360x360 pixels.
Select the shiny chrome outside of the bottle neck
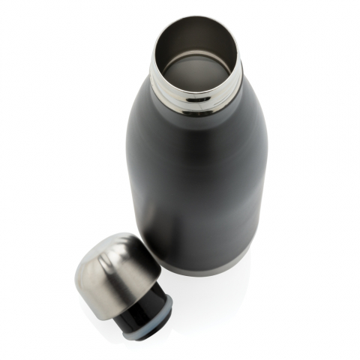point(196,97)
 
